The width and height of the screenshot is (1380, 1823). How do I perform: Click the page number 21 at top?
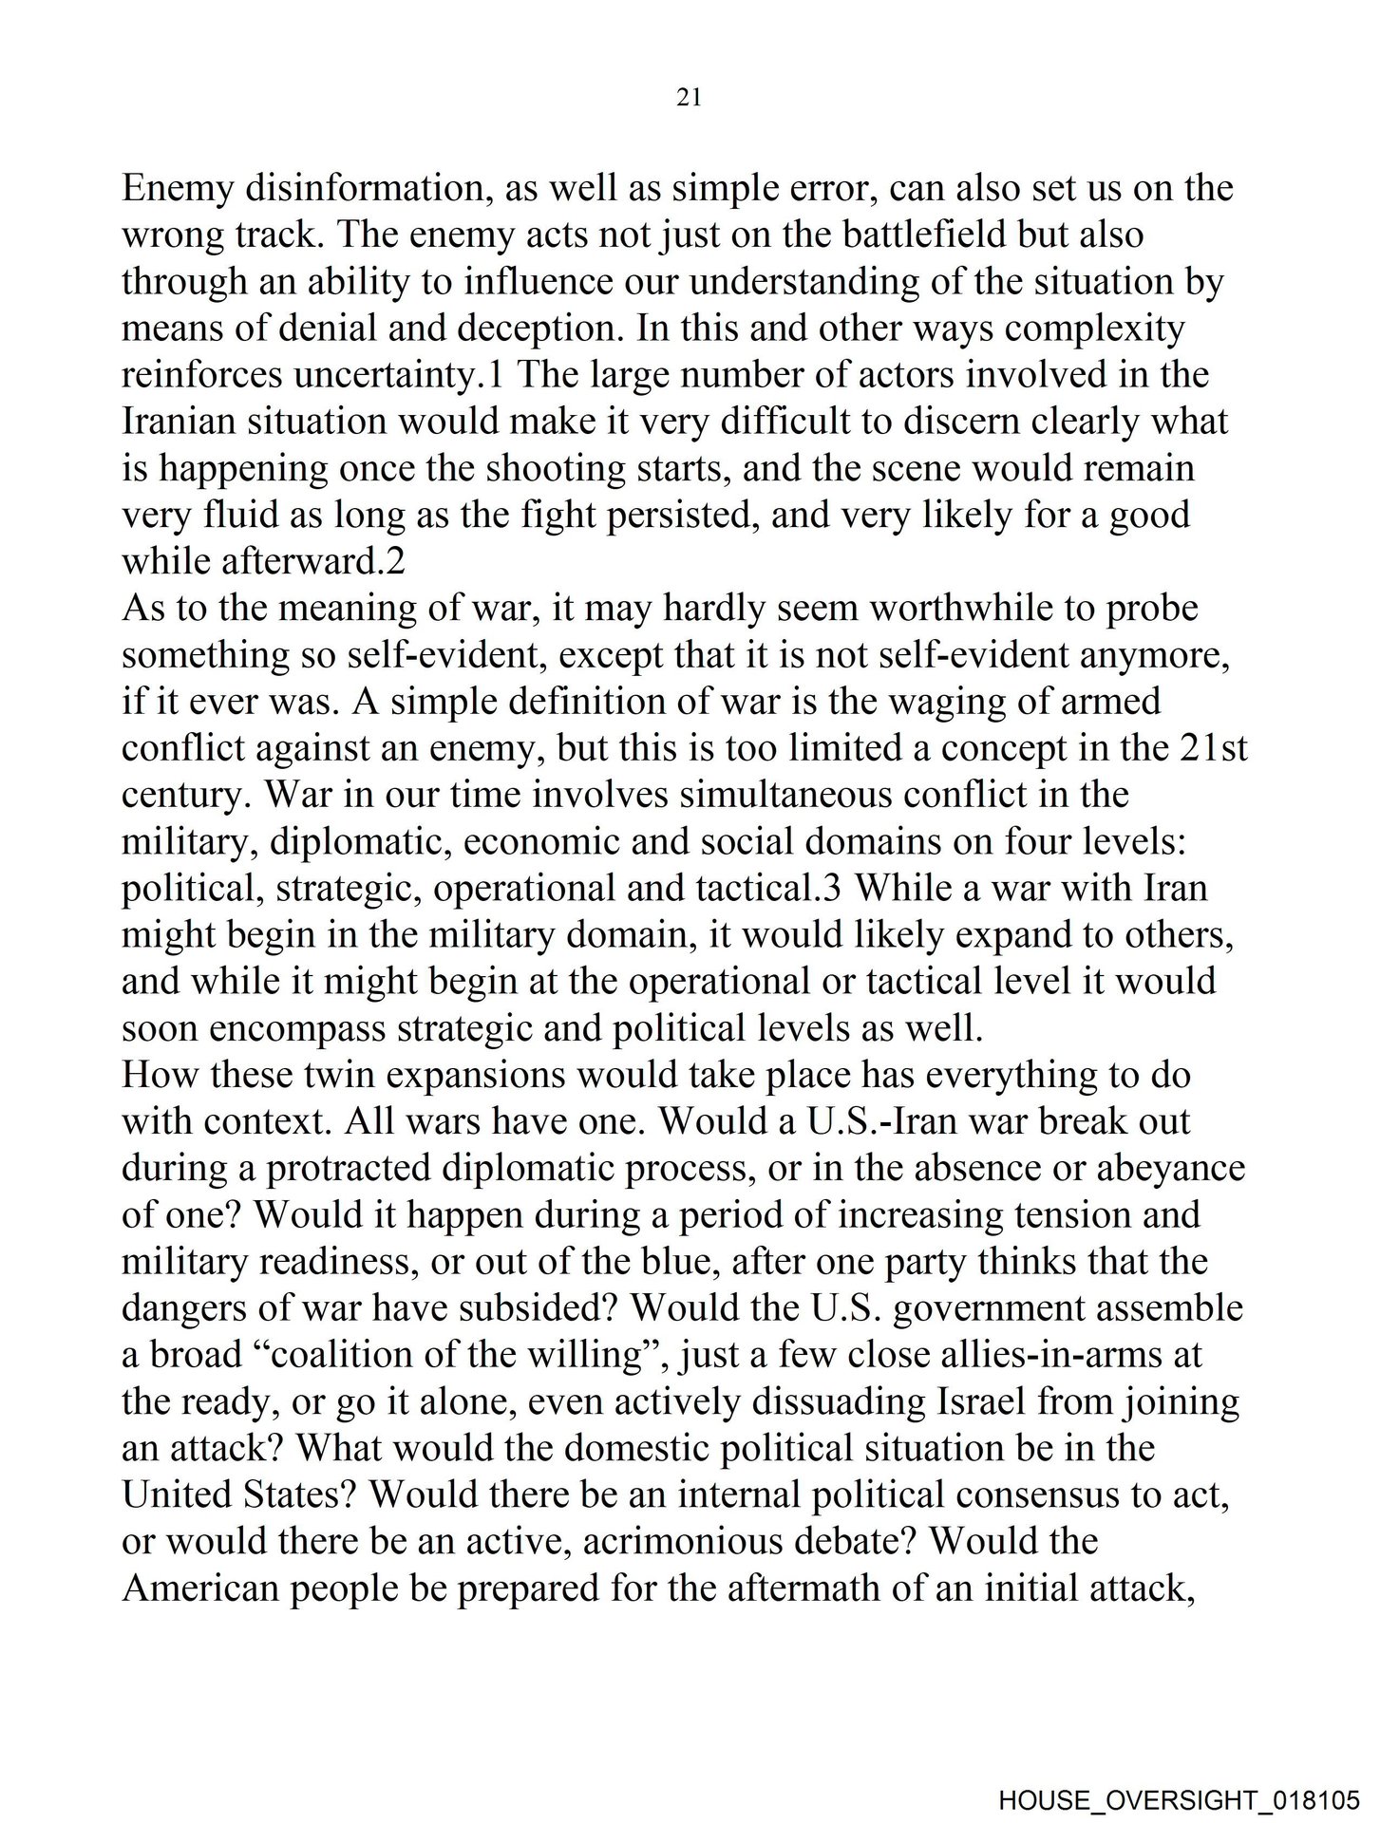689,98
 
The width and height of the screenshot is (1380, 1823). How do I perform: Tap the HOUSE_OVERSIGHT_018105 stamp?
1179,1798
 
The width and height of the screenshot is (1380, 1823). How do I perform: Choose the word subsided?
536,1308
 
